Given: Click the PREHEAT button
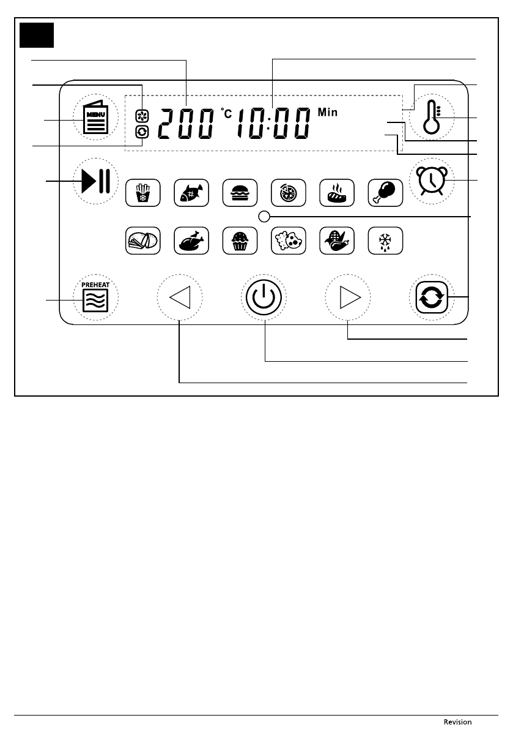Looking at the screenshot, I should pyautogui.click(x=96, y=297).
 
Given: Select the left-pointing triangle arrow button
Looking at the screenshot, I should pyautogui.click(x=180, y=298).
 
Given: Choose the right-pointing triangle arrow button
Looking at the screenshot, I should pyautogui.click(x=347, y=298).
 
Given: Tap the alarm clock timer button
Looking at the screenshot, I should pyautogui.click(x=431, y=181).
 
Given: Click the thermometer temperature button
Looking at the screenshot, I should pyautogui.click(x=431, y=118).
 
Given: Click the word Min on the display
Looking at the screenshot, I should pyautogui.click(x=327, y=113).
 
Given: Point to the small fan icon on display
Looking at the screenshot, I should pyautogui.click(x=141, y=114).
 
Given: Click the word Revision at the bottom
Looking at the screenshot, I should pyautogui.click(x=458, y=722).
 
